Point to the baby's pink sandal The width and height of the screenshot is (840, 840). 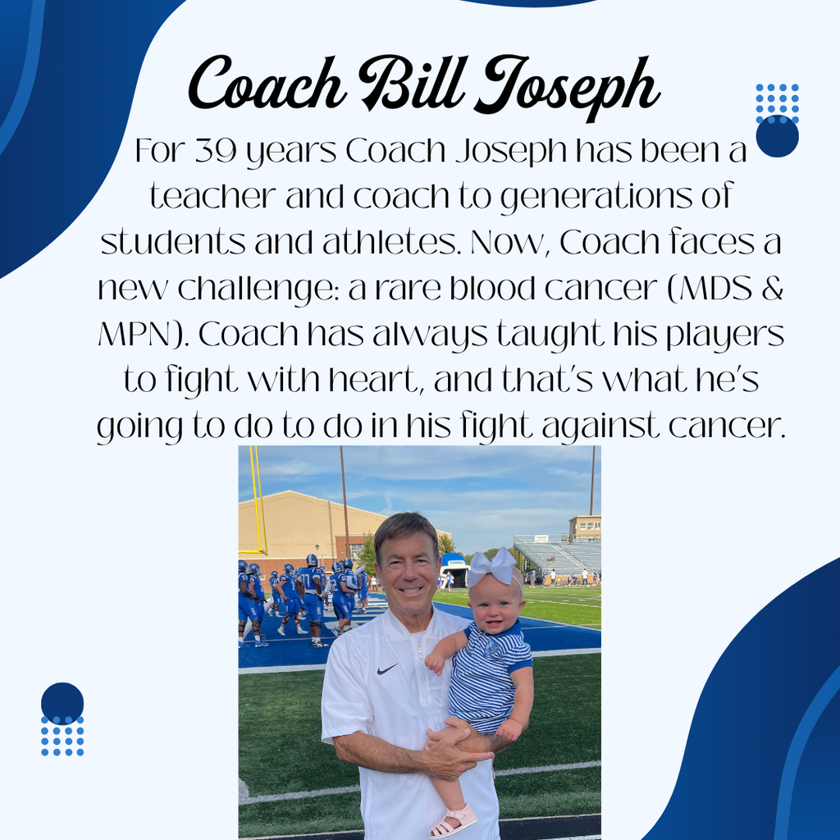(453, 820)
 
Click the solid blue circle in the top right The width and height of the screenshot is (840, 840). (777, 136)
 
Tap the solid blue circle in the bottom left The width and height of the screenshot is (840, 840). (62, 703)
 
